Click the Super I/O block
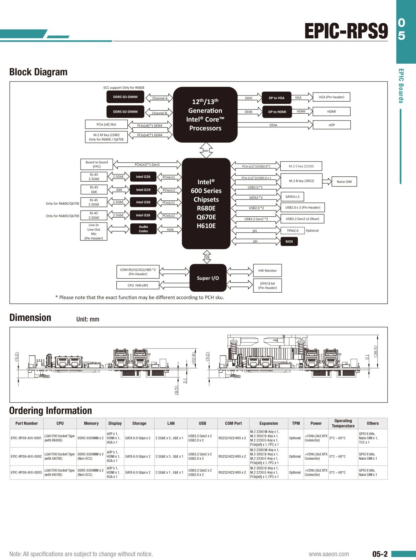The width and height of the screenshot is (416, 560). coord(208,278)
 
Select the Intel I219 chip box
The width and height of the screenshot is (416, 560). coord(143,190)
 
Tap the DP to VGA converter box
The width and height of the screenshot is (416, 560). coord(276,98)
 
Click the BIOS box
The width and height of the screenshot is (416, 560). coord(289,241)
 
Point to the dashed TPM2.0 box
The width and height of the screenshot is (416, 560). coord(292,231)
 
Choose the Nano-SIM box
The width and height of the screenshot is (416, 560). coord(344,182)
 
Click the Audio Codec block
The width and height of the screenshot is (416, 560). coord(143,229)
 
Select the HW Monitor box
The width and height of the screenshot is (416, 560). coord(267,271)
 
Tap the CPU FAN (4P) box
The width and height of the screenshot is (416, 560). coord(138,285)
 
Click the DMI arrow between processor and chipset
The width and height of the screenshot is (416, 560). coord(206,150)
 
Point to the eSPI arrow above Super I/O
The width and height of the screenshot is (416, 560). coord(207,257)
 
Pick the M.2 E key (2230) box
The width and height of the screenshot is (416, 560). coord(301,166)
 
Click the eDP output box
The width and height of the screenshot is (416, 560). coord(331,125)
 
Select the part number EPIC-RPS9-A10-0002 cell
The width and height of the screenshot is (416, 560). coord(26,456)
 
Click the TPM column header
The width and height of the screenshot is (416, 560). coord(296,423)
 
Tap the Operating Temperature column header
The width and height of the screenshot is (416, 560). coord(343,423)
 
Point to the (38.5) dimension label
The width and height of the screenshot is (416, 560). coord(376,351)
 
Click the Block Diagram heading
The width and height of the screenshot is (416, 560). coord(38,72)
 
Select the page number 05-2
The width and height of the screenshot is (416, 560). coord(380,554)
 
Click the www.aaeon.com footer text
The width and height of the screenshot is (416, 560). coord(329,554)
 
